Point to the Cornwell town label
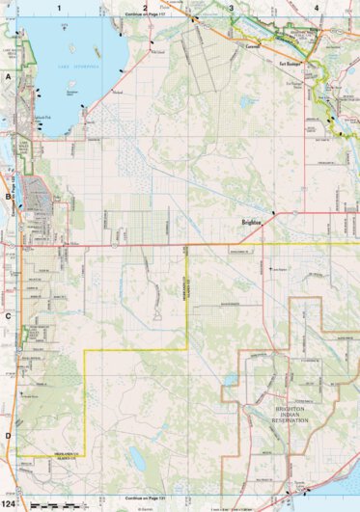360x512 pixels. point(253,44)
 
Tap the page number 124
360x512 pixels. point(9,504)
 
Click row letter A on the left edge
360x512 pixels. point(8,74)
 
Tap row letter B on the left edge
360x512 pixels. point(8,198)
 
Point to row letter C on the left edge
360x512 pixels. point(8,315)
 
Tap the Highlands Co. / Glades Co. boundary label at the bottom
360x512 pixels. point(73,452)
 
